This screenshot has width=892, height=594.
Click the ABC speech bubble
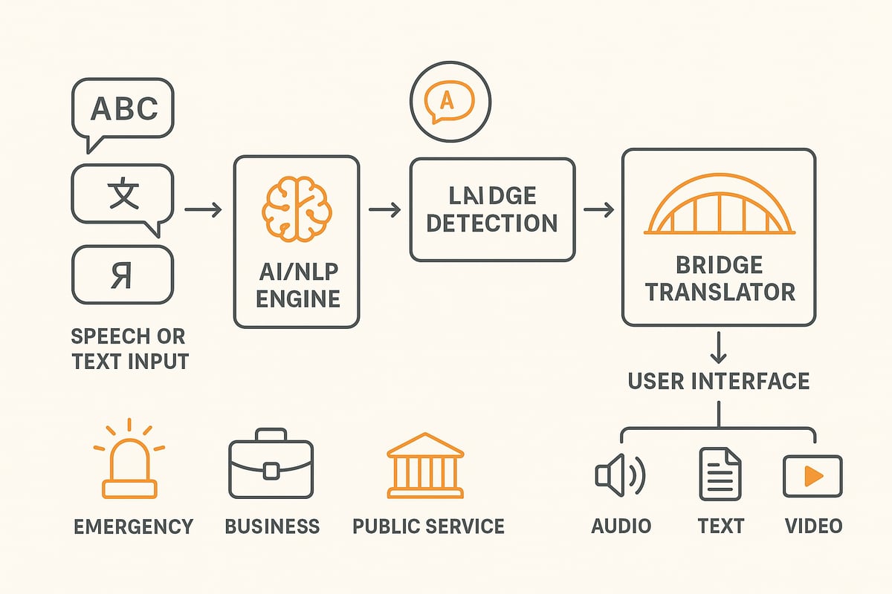[123, 110]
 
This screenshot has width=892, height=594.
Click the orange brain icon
[296, 207]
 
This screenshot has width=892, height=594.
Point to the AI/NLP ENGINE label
[296, 285]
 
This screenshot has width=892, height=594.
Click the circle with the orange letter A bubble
[450, 104]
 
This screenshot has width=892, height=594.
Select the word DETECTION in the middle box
[492, 222]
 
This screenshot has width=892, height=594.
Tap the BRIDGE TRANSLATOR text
[719, 278]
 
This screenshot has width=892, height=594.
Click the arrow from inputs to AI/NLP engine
[203, 211]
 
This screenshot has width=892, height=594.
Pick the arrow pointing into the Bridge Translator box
[598, 211]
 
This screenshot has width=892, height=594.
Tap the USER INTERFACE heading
[719, 381]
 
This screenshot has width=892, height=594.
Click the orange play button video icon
[812, 476]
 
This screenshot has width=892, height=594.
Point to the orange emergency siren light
[130, 464]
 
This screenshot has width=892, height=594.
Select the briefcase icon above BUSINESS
[271, 464]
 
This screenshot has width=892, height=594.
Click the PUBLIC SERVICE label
[428, 526]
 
